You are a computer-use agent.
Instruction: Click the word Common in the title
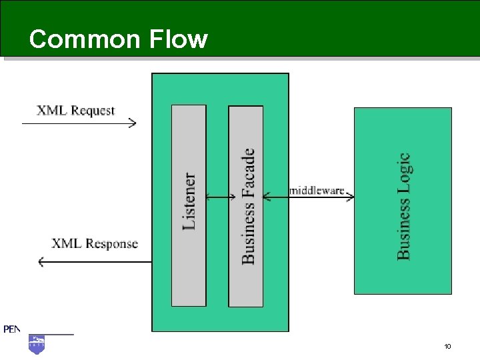[85, 39]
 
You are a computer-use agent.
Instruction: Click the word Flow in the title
[179, 39]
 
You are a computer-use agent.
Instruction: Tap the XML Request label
[75, 111]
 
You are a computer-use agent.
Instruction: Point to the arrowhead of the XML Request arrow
[133, 123]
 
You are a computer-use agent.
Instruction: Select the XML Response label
[95, 244]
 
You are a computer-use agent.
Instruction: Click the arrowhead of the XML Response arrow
[41, 262]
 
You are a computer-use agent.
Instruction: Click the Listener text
[189, 201]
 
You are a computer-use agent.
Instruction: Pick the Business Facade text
[247, 206]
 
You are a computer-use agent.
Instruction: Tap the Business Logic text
[403, 207]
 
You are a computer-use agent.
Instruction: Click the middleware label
[317, 191]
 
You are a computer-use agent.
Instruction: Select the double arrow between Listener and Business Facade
[221, 197]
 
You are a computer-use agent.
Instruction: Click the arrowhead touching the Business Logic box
[351, 197]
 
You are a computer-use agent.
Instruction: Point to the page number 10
[447, 346]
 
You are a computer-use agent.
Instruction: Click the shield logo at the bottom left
[37, 345]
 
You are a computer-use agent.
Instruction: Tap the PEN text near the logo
[11, 329]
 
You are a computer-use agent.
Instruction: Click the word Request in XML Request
[93, 111]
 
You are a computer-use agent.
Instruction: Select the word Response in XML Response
[112, 244]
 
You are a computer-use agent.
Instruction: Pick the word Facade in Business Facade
[247, 172]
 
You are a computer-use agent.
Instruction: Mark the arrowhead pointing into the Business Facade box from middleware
[267, 197]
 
